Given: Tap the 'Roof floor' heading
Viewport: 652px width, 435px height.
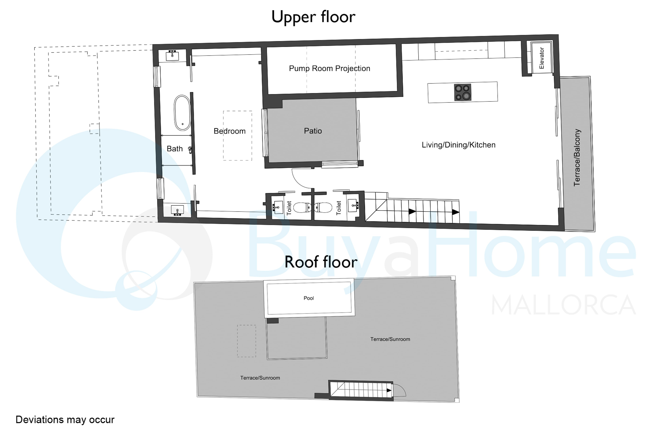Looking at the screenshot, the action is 321,262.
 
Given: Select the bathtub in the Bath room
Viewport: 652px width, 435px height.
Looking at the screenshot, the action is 182,113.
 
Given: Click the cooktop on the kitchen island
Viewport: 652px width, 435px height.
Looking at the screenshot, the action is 462,92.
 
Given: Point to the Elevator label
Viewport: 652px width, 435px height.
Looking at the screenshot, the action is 541,58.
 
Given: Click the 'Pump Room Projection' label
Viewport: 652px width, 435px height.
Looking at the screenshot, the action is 330,68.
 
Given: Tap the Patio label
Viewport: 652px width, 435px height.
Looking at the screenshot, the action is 313,131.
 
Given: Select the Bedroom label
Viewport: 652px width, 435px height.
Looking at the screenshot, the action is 230,131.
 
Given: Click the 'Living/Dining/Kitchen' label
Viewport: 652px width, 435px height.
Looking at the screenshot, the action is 458,145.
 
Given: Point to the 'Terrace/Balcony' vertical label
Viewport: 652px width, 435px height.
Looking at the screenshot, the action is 577,157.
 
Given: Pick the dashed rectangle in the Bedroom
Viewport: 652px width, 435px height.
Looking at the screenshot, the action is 238,136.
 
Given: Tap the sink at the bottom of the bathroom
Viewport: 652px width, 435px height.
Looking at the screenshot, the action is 177,210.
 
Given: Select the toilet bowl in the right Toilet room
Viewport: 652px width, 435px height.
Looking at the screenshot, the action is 323,207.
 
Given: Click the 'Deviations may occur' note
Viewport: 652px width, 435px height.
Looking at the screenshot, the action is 65,420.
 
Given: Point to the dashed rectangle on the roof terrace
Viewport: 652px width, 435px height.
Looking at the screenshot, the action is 246,341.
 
